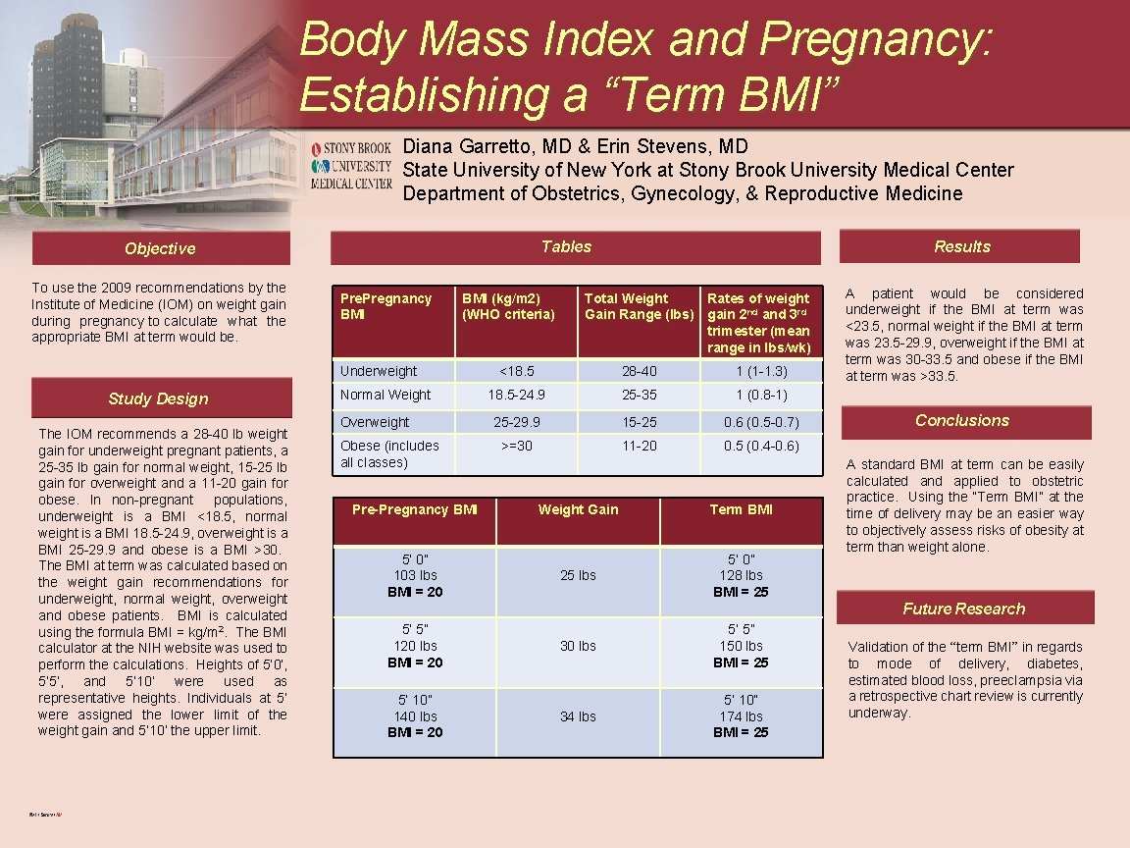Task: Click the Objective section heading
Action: tap(160, 248)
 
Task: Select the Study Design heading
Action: tap(158, 398)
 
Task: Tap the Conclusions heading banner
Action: tap(961, 420)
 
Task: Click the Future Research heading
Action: tap(963, 609)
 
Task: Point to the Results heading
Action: tap(961, 246)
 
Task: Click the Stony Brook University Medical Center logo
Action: tap(350, 165)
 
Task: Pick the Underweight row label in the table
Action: tap(378, 371)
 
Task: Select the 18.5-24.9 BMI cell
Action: tap(516, 395)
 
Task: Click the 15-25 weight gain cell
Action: tap(639, 422)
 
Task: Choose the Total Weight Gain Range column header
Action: tap(639, 306)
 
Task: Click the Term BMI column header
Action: tap(741, 509)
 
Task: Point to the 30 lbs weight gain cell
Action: tap(578, 646)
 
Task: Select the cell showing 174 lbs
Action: tap(741, 716)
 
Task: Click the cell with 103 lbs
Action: tap(415, 575)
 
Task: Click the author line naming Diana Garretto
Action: tap(575, 146)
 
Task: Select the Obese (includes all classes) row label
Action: tap(389, 453)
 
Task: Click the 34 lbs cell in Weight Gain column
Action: tap(578, 716)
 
